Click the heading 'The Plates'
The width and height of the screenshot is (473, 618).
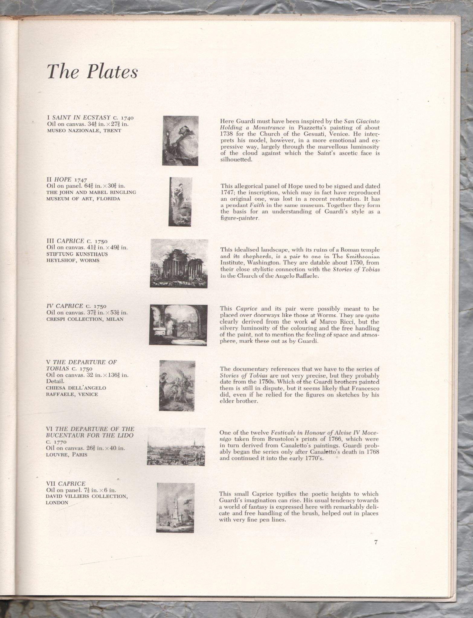pyautogui.click(x=92, y=72)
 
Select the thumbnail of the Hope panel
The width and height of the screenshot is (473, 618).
pyautogui.click(x=180, y=202)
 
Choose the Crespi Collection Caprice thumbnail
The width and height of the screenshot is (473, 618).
pyautogui.click(x=179, y=325)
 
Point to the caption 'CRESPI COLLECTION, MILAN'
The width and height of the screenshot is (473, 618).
pyautogui.click(x=85, y=319)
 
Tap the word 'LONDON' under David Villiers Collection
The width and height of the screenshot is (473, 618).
pyautogui.click(x=57, y=502)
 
